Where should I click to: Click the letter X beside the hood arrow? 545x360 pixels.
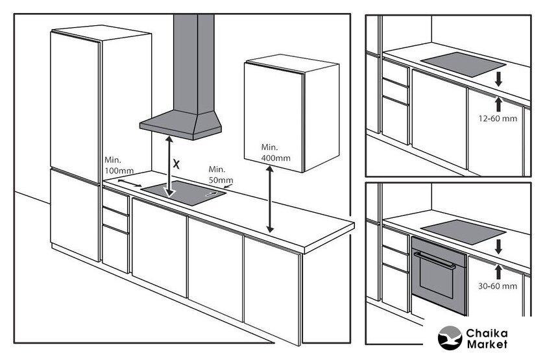tap(176, 164)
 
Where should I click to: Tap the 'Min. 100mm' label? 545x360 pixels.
tap(119, 165)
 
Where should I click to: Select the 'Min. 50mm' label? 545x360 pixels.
tap(221, 174)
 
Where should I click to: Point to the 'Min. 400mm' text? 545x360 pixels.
tap(276, 152)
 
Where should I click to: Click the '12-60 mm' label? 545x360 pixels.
tap(498, 119)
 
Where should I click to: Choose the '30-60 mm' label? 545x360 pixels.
tap(498, 286)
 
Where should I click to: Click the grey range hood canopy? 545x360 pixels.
tap(180, 125)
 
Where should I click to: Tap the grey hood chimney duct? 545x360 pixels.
tap(193, 64)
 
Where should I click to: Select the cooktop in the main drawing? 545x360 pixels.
tap(184, 193)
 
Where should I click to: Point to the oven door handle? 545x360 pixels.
tap(435, 260)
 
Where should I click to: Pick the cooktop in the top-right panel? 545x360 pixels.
tap(463, 64)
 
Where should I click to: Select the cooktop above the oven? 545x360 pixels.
tap(463, 232)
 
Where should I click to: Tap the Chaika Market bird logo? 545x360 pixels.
tap(450, 338)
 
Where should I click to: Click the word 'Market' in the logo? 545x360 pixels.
tap(487, 344)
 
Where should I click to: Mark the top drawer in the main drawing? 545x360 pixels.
tap(115, 201)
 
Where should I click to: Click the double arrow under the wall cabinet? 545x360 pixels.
tap(270, 199)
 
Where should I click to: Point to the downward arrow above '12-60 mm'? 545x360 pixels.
tap(499, 79)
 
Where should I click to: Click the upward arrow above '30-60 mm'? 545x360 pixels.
tap(499, 272)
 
